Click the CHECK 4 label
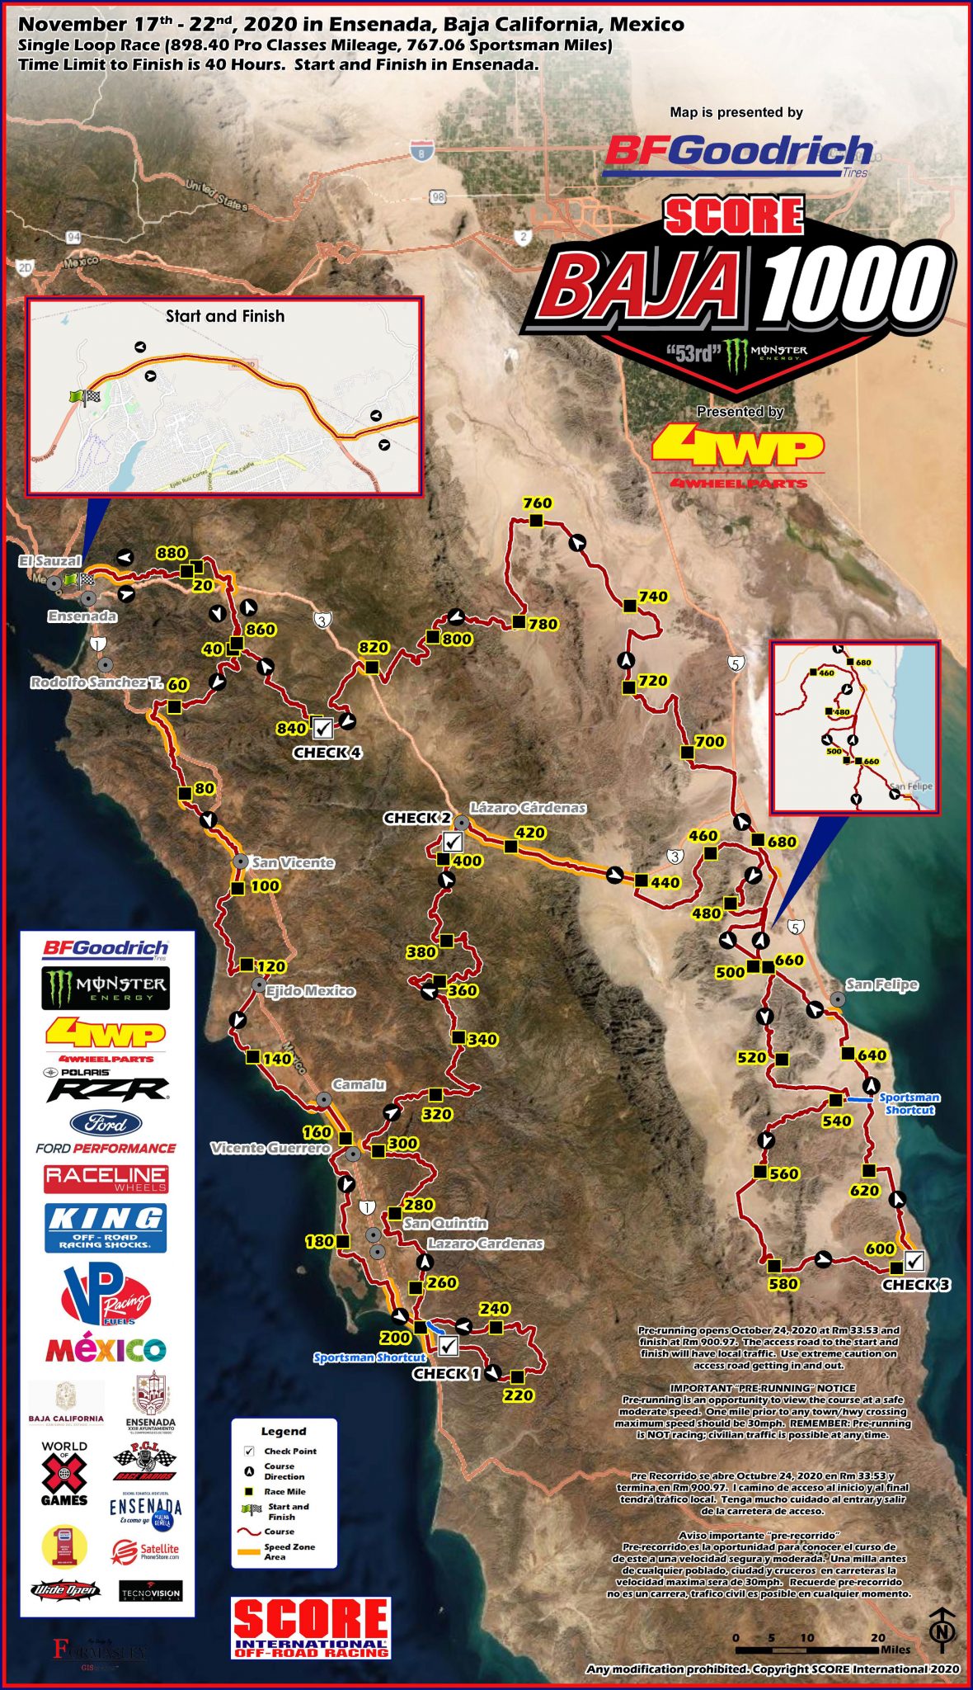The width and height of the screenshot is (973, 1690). click(x=327, y=753)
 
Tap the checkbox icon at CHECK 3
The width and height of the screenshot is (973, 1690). click(x=914, y=1260)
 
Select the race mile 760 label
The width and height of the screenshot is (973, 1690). click(x=538, y=503)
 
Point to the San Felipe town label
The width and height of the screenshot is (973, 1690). click(x=881, y=984)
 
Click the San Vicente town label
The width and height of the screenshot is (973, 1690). click(x=293, y=862)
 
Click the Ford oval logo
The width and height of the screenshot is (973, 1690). click(x=106, y=1123)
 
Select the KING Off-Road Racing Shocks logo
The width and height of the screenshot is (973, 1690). click(x=106, y=1227)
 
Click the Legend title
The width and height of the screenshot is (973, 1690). click(x=284, y=1431)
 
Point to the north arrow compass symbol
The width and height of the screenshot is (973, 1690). click(x=942, y=1630)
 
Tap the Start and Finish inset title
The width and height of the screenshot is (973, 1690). click(x=225, y=316)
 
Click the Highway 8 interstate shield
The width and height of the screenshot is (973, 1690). click(x=421, y=150)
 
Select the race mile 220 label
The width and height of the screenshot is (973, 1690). click(x=519, y=1395)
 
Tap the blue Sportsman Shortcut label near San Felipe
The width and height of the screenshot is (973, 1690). click(x=909, y=1103)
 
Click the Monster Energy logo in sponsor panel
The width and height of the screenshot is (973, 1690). click(x=106, y=988)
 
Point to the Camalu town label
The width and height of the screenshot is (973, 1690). click(x=359, y=1084)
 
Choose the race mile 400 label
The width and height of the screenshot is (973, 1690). click(x=468, y=861)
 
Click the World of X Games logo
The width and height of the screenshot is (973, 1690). click(x=64, y=1473)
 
